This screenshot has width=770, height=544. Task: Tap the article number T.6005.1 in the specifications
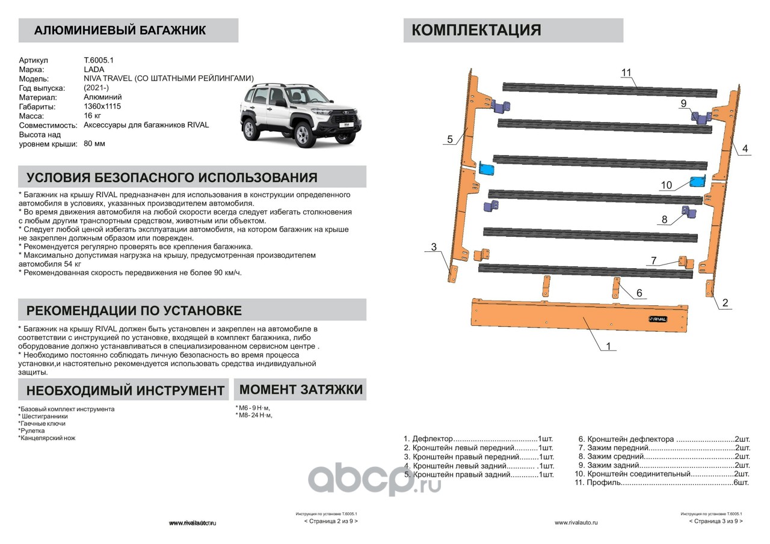coord(99,60)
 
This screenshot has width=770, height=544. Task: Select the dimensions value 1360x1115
coord(102,106)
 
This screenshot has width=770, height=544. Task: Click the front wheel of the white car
coord(305,135)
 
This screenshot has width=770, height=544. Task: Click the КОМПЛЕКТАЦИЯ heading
coord(476,30)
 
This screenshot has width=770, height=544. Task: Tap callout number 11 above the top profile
coord(626,73)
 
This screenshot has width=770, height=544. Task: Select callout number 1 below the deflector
coord(608,346)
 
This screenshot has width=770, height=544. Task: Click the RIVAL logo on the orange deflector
coord(656,319)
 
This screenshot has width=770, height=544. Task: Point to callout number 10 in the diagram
coord(666,186)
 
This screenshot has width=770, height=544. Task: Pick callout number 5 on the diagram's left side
coord(449,139)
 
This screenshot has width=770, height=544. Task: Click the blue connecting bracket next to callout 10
coord(698,182)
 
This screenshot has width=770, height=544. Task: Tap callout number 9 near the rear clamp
coord(683,103)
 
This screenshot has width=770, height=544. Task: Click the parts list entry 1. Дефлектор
coord(478,439)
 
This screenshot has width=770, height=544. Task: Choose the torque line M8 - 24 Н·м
coord(254,415)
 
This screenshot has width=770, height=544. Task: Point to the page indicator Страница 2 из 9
coord(331,521)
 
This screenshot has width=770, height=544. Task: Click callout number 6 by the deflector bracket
coord(639,293)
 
